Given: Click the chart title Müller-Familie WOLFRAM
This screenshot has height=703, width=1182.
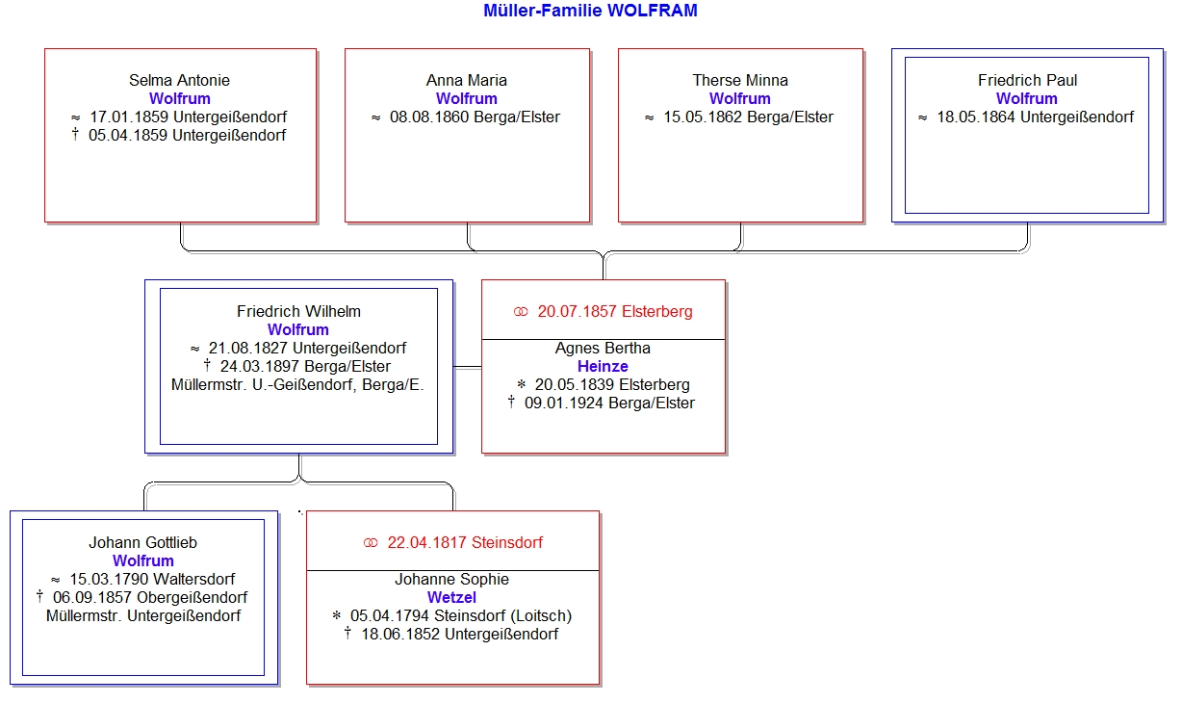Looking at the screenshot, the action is (x=590, y=11).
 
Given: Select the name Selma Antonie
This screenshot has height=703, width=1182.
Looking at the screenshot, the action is (x=179, y=80).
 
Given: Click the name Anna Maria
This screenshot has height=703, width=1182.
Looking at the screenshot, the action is (x=467, y=80).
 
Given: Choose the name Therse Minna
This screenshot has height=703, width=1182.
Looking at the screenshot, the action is (x=740, y=80).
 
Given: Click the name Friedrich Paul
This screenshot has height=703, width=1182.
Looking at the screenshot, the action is (x=1027, y=80).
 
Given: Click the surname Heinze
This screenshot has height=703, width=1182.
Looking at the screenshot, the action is (x=603, y=366).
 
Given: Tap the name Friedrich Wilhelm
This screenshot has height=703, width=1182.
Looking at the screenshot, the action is (x=298, y=311).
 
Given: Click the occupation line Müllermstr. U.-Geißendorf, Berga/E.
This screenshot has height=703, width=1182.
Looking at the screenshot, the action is (x=297, y=385).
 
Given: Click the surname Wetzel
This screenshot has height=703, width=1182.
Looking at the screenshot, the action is (x=451, y=597).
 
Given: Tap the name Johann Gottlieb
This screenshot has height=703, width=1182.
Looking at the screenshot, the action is (x=142, y=542).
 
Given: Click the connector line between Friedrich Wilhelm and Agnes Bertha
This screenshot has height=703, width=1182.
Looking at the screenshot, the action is (x=468, y=367).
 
